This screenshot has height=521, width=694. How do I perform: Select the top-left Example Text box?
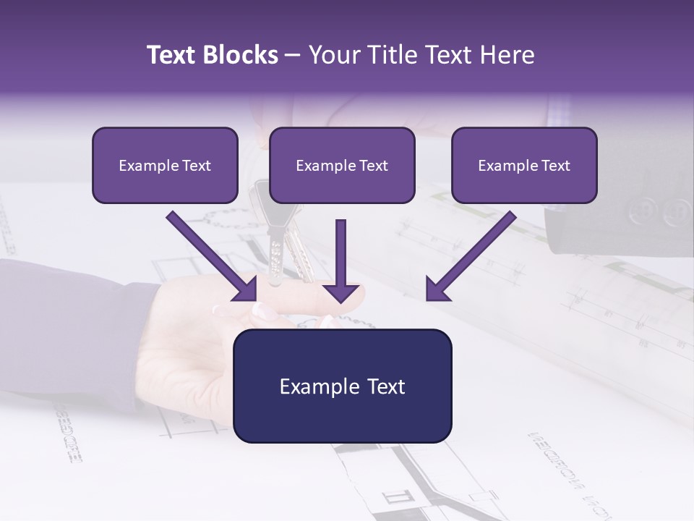(165, 166)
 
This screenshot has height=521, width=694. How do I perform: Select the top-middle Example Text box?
(342, 166)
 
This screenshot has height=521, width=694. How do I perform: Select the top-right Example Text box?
(524, 166)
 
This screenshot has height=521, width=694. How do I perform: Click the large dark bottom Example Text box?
(343, 386)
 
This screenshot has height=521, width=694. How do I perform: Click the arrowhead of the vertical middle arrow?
(341, 292)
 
